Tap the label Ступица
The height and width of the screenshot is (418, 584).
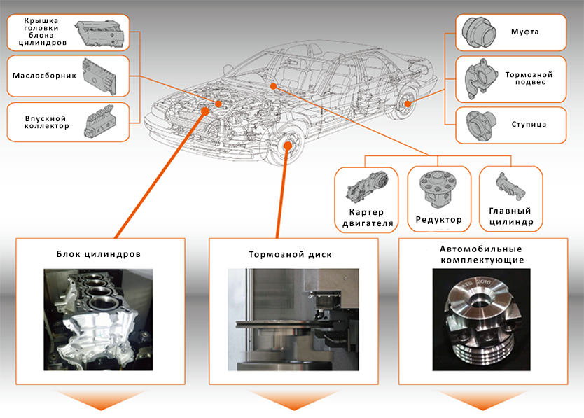click(529, 125)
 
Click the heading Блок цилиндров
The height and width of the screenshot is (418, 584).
click(99, 254)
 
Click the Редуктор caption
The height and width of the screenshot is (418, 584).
click(439, 220)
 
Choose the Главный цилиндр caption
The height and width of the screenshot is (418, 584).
click(510, 216)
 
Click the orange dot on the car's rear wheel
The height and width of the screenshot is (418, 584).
click(408, 104)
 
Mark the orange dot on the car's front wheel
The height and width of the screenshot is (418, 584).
click(288, 146)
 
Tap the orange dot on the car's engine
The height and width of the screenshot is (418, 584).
click(218, 104)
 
